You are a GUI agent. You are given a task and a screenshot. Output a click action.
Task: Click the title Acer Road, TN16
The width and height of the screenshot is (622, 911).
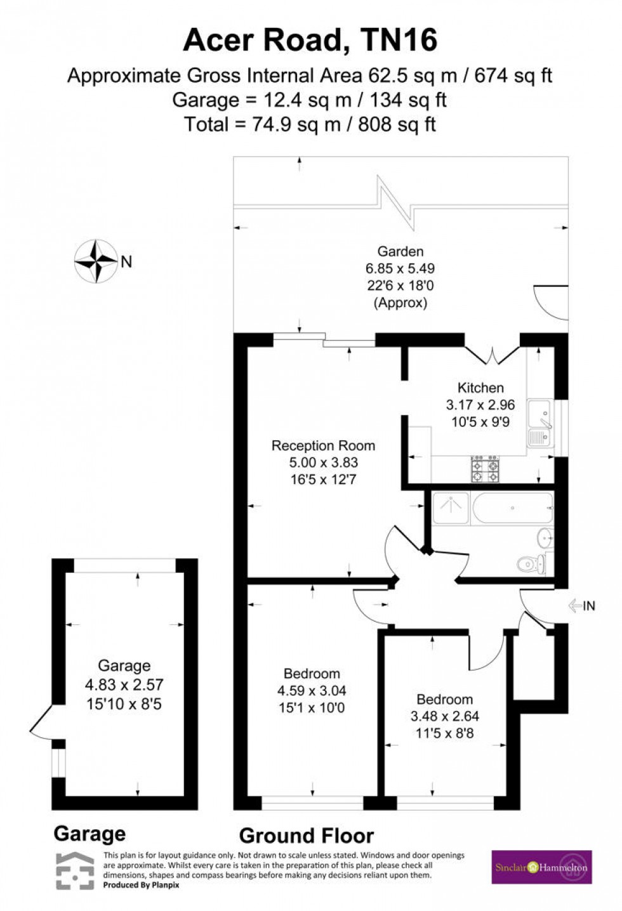pyautogui.click(x=310, y=41)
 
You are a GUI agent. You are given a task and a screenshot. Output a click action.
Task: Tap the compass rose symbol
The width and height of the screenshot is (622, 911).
pyautogui.click(x=96, y=261)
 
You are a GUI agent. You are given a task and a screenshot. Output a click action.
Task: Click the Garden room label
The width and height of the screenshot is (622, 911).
pyautogui.click(x=400, y=251)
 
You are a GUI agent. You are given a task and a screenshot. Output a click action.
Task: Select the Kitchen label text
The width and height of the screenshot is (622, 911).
pyautogui.click(x=480, y=388)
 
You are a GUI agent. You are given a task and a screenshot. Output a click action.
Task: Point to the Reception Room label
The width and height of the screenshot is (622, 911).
pyautogui.click(x=323, y=445)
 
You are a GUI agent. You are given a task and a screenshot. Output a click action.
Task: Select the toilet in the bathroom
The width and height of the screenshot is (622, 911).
pyautogui.click(x=530, y=563)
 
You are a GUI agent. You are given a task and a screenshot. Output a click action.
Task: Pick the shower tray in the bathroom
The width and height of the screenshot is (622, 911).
pyautogui.click(x=450, y=508)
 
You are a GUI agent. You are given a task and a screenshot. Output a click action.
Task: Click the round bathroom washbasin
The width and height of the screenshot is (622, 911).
pyautogui.click(x=545, y=538)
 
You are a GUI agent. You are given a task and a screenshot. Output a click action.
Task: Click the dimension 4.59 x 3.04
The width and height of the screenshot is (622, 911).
pyautogui.click(x=311, y=691)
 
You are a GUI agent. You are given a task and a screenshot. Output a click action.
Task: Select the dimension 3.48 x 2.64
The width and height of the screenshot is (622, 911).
pyautogui.click(x=444, y=716)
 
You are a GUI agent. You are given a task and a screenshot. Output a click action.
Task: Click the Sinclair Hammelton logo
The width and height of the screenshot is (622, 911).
pyautogui.click(x=542, y=867)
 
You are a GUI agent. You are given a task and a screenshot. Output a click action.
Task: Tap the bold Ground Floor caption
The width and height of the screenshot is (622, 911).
pyautogui.click(x=306, y=836)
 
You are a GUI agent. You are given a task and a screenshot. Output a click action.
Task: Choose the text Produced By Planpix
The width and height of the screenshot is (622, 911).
pyautogui.click(x=142, y=885)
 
